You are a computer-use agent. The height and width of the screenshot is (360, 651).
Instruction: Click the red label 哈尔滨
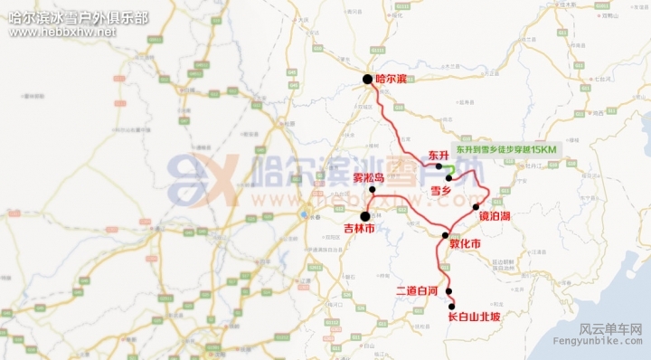(392, 80)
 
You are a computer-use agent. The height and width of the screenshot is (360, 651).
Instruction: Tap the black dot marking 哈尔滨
(368, 80)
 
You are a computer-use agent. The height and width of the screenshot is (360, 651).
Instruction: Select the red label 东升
(439, 155)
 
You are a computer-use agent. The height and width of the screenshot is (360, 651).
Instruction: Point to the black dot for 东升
(439, 167)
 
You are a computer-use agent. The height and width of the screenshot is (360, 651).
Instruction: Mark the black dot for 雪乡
(448, 177)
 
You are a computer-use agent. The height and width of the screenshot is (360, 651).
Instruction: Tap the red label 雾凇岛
(369, 178)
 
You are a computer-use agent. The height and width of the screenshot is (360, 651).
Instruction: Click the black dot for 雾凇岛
(372, 190)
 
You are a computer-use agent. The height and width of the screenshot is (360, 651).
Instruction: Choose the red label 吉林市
(360, 229)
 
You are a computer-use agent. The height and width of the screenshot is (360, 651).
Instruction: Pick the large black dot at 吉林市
(365, 215)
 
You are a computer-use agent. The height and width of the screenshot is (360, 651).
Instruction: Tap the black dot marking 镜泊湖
(476, 207)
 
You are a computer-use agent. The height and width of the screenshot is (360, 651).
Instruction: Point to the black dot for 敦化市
(445, 235)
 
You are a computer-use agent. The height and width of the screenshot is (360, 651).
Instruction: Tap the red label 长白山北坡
(474, 317)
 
